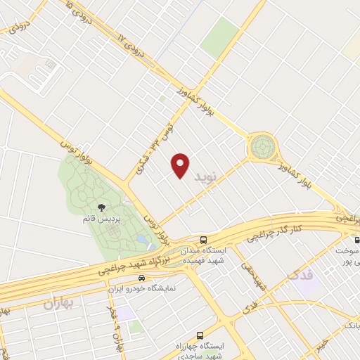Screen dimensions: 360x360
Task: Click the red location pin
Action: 181,165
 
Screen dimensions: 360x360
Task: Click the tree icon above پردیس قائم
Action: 102,207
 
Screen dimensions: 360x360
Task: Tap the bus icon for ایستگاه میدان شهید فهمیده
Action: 202,240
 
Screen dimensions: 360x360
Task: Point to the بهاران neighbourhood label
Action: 58,304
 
